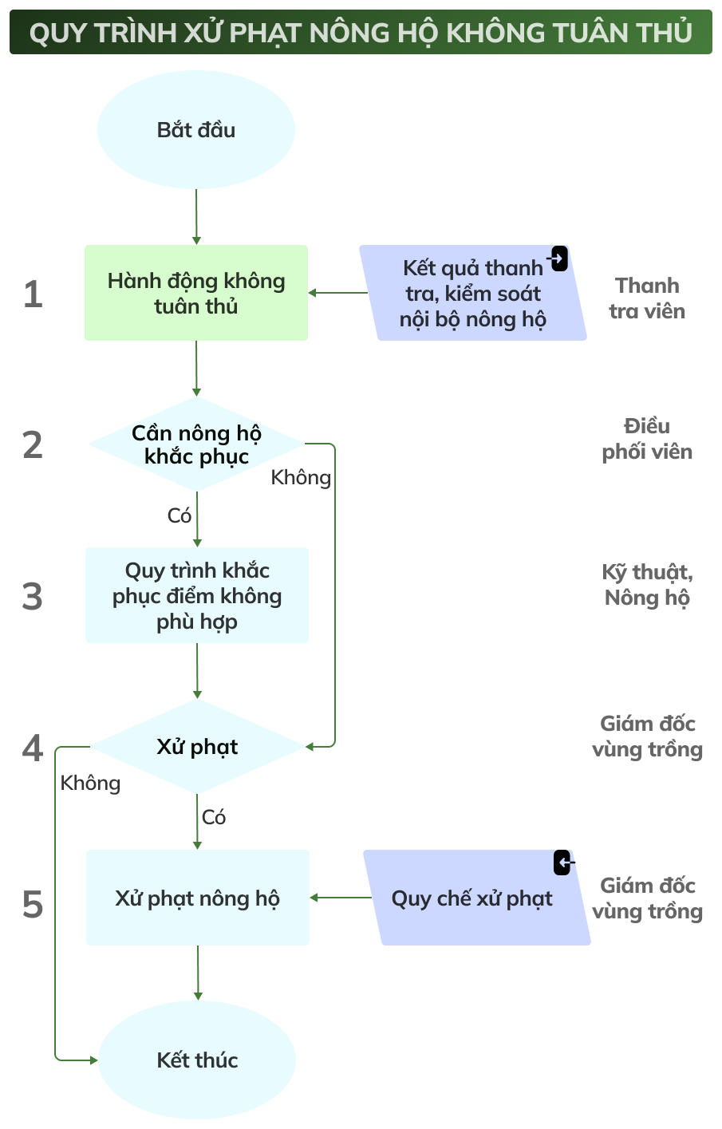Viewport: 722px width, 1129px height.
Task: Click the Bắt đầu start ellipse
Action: tap(196, 130)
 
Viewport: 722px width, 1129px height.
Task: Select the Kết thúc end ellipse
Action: tap(197, 1060)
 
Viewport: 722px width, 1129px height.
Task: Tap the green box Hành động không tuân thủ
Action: tap(196, 293)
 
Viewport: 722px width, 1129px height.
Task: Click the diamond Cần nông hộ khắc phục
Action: tap(196, 444)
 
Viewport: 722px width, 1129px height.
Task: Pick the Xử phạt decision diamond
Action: tap(197, 747)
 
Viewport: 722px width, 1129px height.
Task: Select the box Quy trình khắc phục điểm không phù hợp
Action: tap(197, 595)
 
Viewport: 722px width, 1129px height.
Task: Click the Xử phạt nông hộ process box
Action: tap(197, 898)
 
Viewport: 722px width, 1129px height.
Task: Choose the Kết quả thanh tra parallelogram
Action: tap(472, 294)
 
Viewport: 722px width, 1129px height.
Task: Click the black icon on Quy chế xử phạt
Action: tap(563, 863)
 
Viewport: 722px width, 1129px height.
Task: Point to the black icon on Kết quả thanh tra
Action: tap(559, 259)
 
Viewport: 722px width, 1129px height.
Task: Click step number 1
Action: tap(33, 294)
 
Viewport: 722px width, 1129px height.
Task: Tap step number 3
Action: tap(33, 597)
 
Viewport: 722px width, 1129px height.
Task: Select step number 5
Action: tap(33, 905)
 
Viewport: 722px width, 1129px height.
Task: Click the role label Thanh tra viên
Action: tap(647, 298)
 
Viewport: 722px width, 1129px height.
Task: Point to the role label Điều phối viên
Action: tap(647, 439)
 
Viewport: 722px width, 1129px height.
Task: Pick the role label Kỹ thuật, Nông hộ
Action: tap(647, 585)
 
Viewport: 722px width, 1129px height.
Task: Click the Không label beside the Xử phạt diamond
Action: tap(90, 783)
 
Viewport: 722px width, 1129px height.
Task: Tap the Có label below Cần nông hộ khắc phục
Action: tap(180, 515)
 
